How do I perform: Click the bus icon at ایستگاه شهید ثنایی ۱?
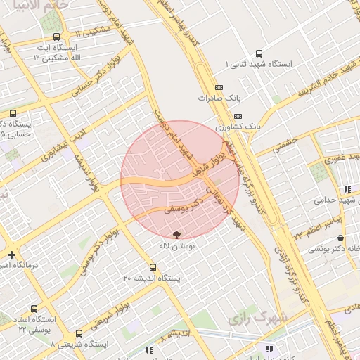point(259,53)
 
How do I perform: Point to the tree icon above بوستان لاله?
point(176,234)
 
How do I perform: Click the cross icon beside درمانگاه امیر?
point(11,255)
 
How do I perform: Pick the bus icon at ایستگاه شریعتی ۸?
point(78,333)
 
